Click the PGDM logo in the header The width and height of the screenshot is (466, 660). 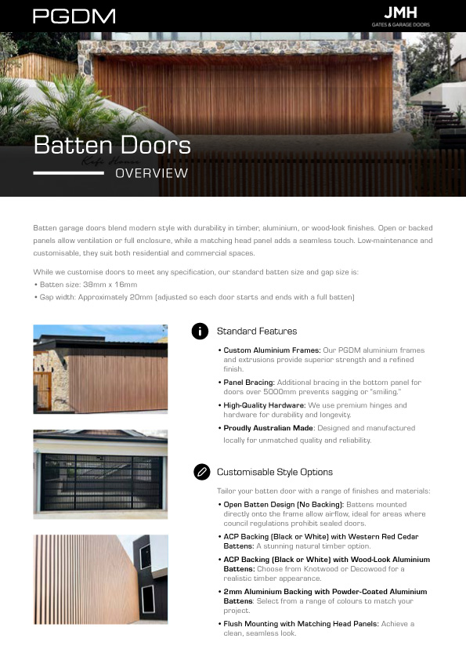pos(74,16)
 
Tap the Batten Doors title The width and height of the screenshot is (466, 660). pos(112,145)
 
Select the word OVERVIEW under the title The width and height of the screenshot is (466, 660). pos(151,173)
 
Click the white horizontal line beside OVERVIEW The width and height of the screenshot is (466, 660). pos(68,173)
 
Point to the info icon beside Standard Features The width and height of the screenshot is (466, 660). pos(200,331)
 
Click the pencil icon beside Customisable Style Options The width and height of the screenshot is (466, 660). pos(200,471)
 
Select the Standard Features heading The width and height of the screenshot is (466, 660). pos(257,332)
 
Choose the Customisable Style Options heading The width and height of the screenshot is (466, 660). pos(274,472)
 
